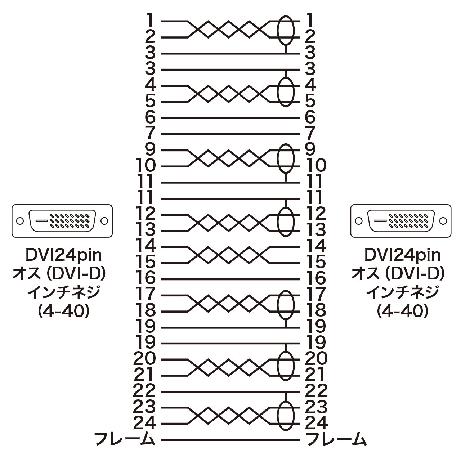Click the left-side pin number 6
pyautogui.click(x=150, y=117)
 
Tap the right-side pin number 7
pyautogui.click(x=310, y=134)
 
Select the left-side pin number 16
pyautogui.click(x=146, y=279)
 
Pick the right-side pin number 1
pyautogui.click(x=310, y=21)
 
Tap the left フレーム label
pyautogui.click(x=124, y=440)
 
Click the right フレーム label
pyautogui.click(x=336, y=440)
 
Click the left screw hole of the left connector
pyautogui.click(x=20, y=221)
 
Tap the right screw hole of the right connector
pyautogui.click(x=443, y=221)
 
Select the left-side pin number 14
pyautogui.click(x=146, y=246)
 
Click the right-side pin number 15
pyautogui.click(x=316, y=263)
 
